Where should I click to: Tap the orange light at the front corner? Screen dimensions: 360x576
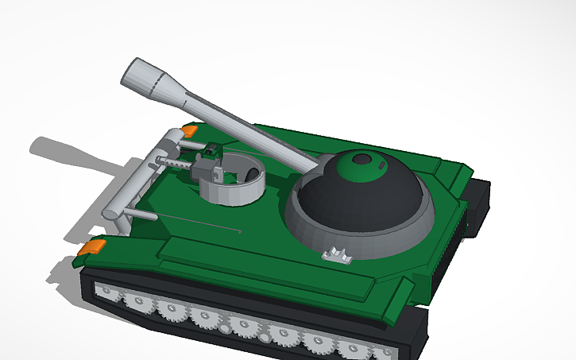point(90,248)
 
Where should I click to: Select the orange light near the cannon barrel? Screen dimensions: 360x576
point(190,129)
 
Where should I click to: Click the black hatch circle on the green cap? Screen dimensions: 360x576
point(362,159)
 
